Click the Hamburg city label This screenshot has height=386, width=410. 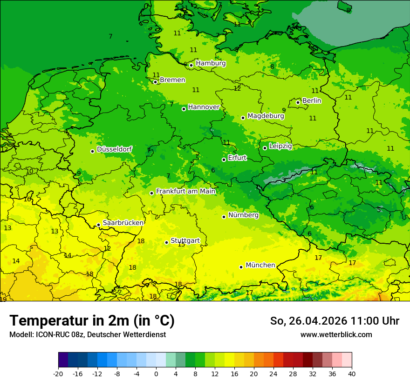click(211, 63)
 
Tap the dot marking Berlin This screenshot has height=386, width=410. click(298, 102)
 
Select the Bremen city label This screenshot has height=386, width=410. click(172, 80)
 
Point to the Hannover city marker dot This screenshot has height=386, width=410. click(184, 109)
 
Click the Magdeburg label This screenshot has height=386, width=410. click(266, 116)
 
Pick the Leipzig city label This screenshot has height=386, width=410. click(280, 146)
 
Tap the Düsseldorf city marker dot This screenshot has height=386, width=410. click(93, 151)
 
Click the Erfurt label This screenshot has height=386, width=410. click(237, 158)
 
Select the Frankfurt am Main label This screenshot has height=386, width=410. click(185, 191)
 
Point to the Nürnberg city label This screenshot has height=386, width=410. click(243, 215)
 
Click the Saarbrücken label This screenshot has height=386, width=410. click(123, 223)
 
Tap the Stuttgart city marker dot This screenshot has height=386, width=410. click(166, 242)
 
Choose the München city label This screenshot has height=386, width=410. click(260, 265)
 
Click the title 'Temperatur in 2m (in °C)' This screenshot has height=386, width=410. click(92, 321)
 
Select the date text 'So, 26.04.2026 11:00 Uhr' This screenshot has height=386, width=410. click(335, 321)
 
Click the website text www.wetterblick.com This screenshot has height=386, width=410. click(336, 335)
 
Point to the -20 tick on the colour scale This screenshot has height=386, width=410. click(58, 373)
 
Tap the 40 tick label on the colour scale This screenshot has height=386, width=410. click(351, 373)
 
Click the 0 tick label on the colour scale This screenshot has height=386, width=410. click(156, 373)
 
